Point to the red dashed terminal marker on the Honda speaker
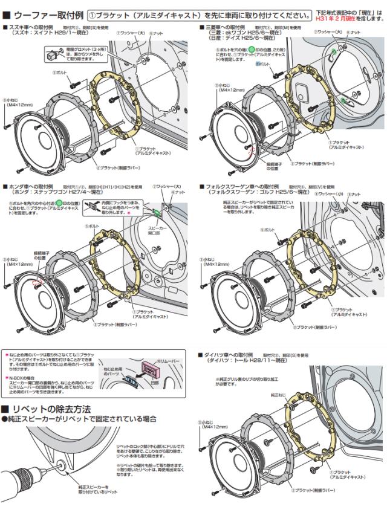tap(37, 283)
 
